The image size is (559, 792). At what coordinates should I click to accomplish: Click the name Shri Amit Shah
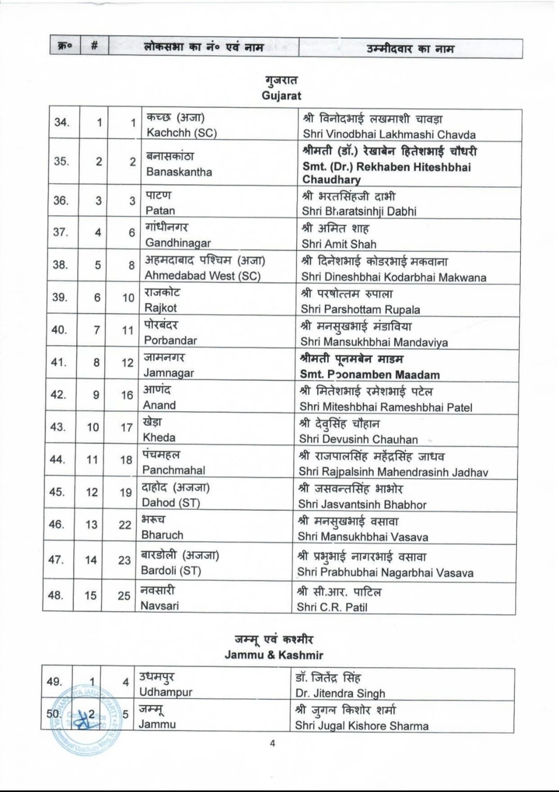click(x=339, y=244)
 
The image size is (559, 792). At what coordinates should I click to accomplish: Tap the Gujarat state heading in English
click(x=281, y=95)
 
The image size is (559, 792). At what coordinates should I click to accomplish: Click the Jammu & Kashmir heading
click(x=274, y=655)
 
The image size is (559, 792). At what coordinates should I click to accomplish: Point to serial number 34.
click(x=62, y=122)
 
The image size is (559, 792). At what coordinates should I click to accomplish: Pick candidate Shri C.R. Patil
click(x=332, y=607)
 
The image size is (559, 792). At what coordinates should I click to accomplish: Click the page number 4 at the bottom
click(x=272, y=743)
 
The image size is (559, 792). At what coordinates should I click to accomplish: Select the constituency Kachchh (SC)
click(x=181, y=133)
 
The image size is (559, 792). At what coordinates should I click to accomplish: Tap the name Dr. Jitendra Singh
click(x=340, y=693)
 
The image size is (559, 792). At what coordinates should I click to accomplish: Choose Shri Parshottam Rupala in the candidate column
click(x=360, y=309)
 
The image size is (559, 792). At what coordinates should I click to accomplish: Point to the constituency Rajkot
click(x=160, y=308)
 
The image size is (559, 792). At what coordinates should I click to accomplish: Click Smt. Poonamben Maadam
click(x=370, y=375)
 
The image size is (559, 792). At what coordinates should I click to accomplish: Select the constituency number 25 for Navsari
click(x=124, y=596)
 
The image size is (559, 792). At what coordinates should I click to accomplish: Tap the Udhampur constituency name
click(x=166, y=692)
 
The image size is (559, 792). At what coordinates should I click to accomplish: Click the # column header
click(x=94, y=46)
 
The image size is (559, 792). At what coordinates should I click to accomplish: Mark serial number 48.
click(x=55, y=595)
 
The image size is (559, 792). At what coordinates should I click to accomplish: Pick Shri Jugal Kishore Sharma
click(x=361, y=726)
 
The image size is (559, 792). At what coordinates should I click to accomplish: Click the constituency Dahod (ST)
click(x=171, y=502)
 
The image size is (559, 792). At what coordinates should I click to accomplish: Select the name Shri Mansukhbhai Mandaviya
click(x=374, y=342)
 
